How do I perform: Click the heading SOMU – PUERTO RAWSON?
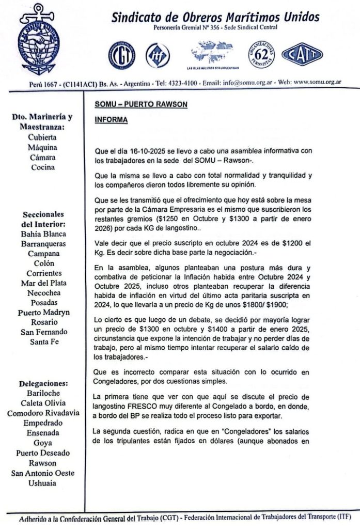(x=140, y=104)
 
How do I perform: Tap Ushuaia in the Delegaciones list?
(x=44, y=483)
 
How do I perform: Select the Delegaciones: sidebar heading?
(x=44, y=383)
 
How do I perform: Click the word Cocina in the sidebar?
(x=44, y=167)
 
